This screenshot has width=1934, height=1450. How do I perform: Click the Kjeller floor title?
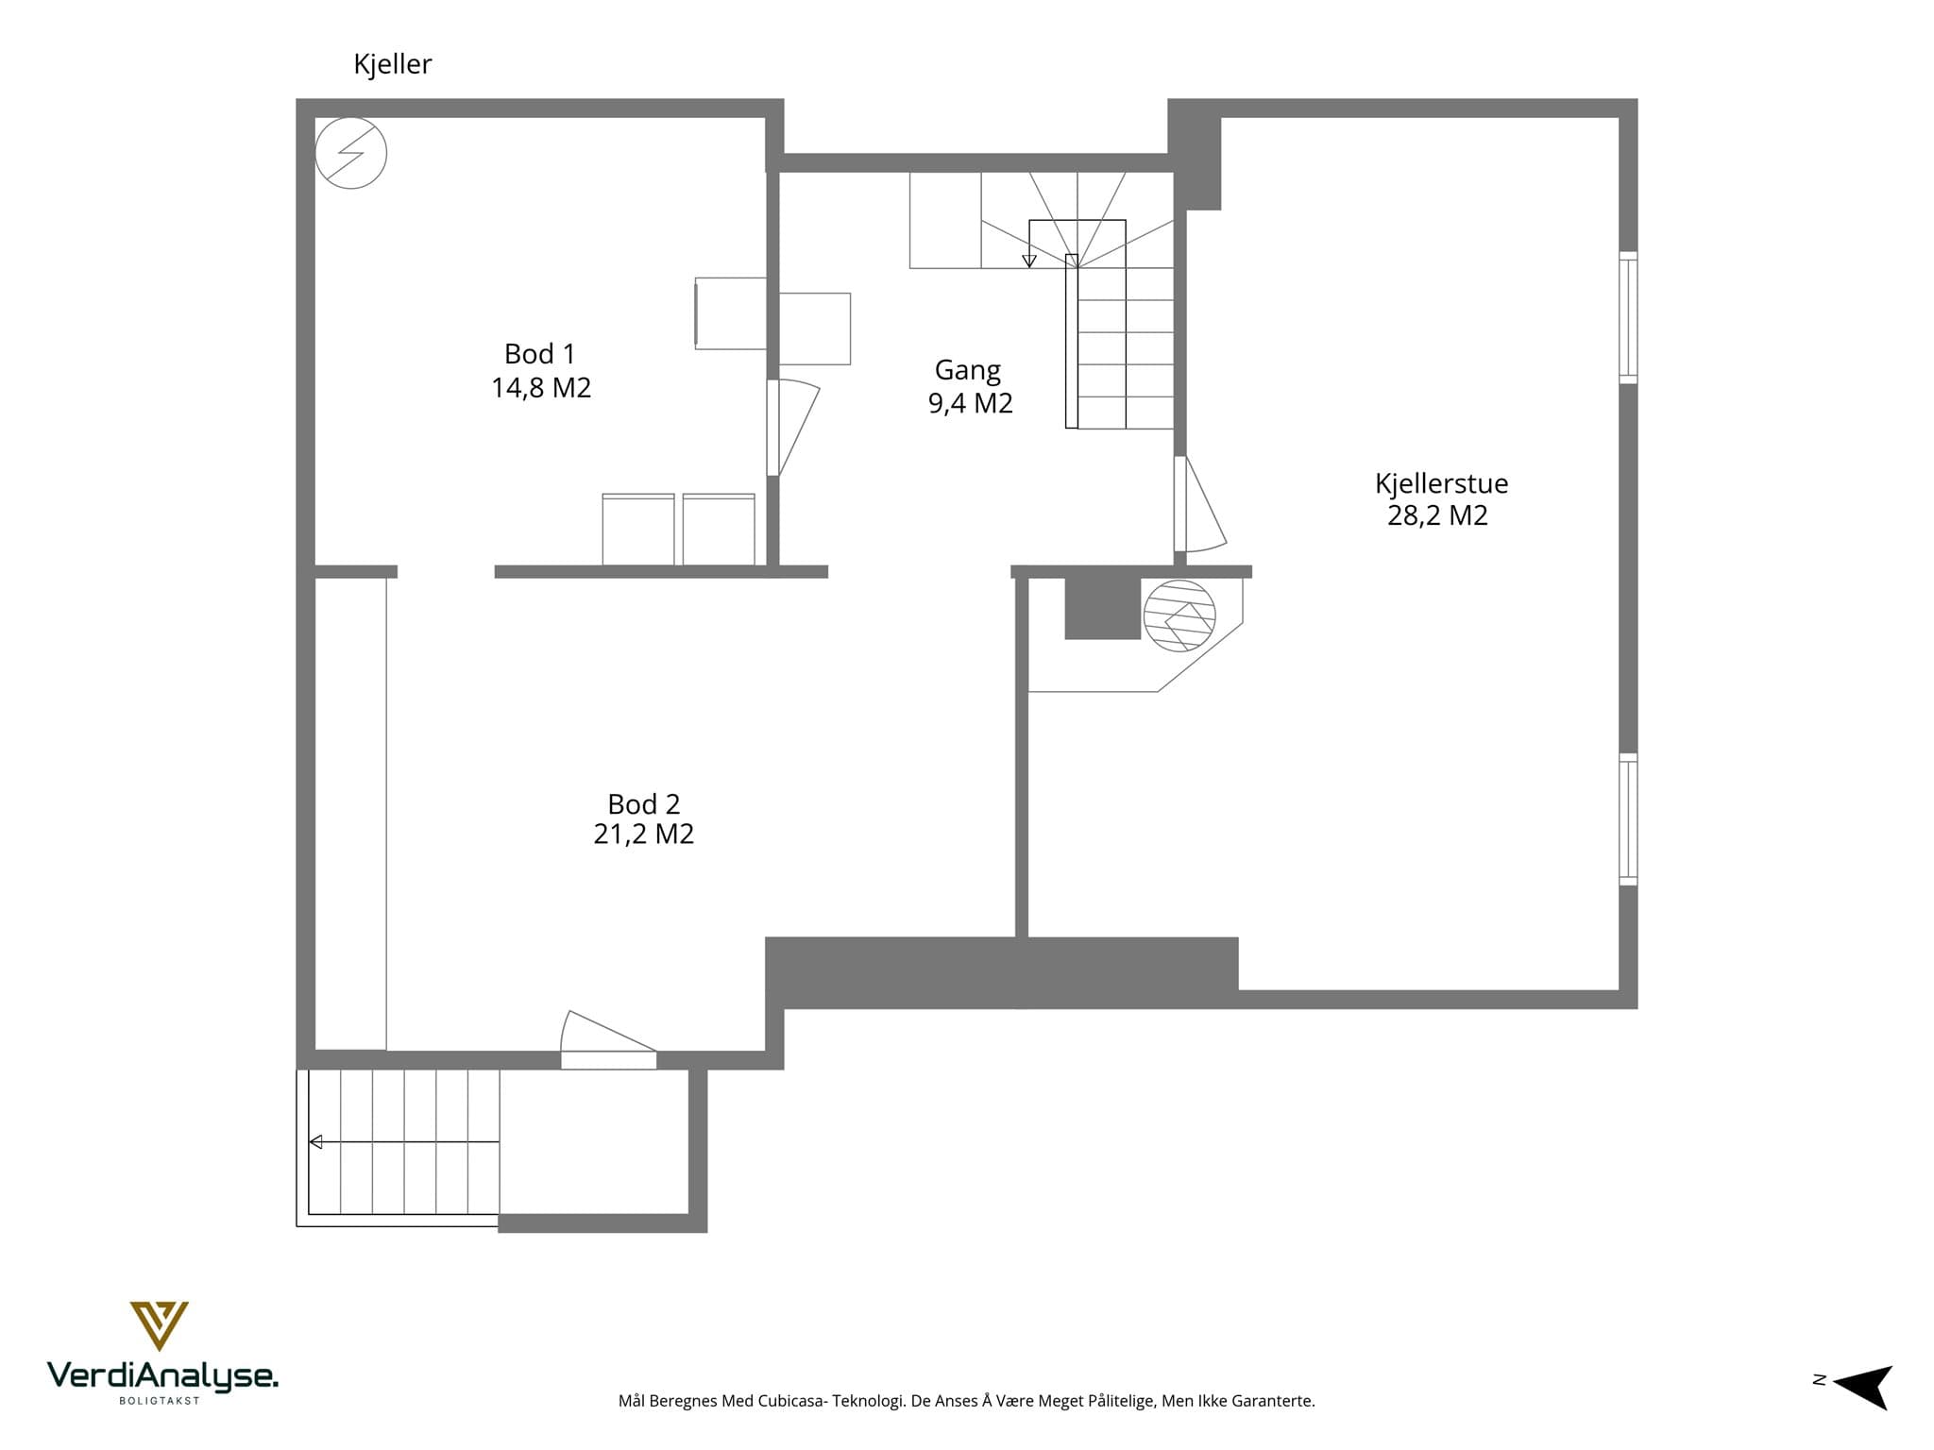click(392, 64)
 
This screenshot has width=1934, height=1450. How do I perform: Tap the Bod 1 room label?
click(539, 354)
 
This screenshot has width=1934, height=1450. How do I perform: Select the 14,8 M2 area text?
click(541, 388)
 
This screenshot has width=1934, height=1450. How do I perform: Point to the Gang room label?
click(968, 370)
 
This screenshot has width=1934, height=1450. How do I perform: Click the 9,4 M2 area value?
click(971, 403)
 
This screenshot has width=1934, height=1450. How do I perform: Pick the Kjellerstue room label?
click(1441, 483)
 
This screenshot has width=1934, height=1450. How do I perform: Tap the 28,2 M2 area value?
click(1437, 515)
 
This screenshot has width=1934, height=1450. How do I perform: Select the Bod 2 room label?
click(643, 804)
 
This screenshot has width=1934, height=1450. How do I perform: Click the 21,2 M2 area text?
click(643, 835)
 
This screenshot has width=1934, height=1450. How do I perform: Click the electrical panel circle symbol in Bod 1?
click(350, 153)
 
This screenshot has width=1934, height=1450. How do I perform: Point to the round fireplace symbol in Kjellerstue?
click(1179, 615)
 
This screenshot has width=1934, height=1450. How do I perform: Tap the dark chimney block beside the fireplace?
click(1103, 609)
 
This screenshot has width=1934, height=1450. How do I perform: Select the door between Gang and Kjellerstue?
click(1199, 504)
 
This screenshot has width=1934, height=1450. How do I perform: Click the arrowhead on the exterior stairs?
click(315, 1142)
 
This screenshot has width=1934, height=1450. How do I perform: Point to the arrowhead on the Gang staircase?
click(1029, 261)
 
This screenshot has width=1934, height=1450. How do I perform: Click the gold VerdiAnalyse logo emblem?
click(159, 1325)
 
